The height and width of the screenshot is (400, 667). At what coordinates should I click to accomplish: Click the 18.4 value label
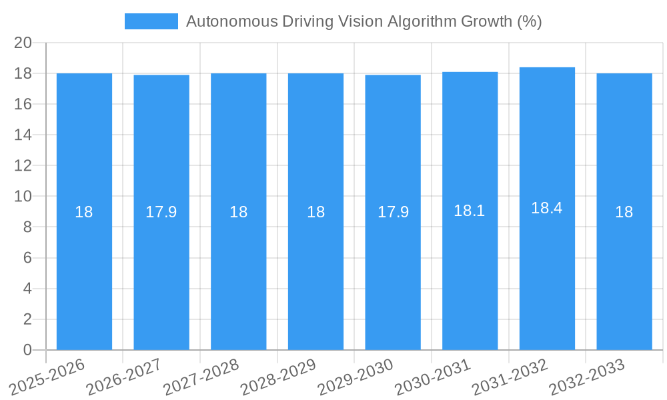tap(547, 208)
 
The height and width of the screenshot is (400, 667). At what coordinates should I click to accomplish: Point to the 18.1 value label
tap(470, 211)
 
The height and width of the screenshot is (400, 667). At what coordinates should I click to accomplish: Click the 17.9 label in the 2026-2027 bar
tap(161, 212)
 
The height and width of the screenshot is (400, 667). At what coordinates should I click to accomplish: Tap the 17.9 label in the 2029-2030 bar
tap(393, 212)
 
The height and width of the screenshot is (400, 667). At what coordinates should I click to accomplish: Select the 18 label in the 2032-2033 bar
tap(624, 212)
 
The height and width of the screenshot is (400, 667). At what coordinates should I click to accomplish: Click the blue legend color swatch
tap(151, 21)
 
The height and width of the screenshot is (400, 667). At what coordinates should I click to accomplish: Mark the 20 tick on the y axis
tap(23, 43)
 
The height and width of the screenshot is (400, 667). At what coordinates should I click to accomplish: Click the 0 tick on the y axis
tap(27, 350)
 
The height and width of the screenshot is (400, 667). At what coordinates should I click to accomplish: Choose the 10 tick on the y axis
tap(23, 197)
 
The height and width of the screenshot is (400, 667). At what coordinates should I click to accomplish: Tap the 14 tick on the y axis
tap(23, 135)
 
